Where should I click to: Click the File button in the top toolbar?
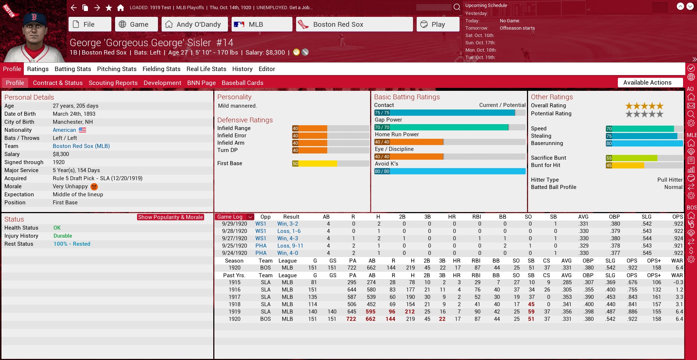89,25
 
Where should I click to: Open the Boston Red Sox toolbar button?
354,25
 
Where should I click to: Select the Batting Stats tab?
73,69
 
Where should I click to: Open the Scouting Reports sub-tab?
113,83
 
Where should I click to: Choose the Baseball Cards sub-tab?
242,83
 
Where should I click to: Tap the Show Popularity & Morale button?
170,217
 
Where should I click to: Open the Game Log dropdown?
234,217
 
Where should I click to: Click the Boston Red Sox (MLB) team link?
81,146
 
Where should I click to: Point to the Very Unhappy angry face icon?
94,186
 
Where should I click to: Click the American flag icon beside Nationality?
82,130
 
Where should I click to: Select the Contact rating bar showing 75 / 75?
444,113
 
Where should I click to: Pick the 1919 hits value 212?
410,312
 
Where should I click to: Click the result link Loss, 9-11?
290,246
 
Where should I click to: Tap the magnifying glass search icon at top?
457,7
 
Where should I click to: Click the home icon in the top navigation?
120,8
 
